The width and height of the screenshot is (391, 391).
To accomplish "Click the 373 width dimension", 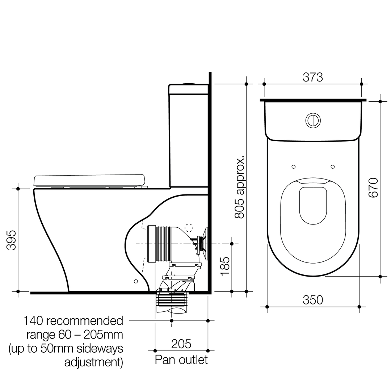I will tap(312, 77).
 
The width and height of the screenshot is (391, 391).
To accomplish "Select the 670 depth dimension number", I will tap(373, 188).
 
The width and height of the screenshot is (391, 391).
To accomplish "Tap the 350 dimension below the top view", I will tap(312, 300).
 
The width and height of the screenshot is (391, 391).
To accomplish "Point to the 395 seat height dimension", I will tap(12, 240).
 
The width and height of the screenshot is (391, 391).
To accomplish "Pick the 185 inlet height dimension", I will tap(225, 266).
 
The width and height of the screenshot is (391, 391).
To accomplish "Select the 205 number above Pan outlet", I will tap(181, 344).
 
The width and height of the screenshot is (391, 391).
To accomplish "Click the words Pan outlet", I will tap(181, 360).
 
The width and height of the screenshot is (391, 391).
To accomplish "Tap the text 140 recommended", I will tap(73, 321).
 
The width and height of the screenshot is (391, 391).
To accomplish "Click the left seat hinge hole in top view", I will tap(294, 167).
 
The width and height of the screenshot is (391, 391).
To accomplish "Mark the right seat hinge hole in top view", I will tap(332, 167).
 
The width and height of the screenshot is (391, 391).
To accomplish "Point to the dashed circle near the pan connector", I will tap(189, 228).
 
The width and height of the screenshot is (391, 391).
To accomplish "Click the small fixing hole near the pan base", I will tap(136, 281).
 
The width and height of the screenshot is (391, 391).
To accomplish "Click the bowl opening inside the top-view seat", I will tap(313, 205).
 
